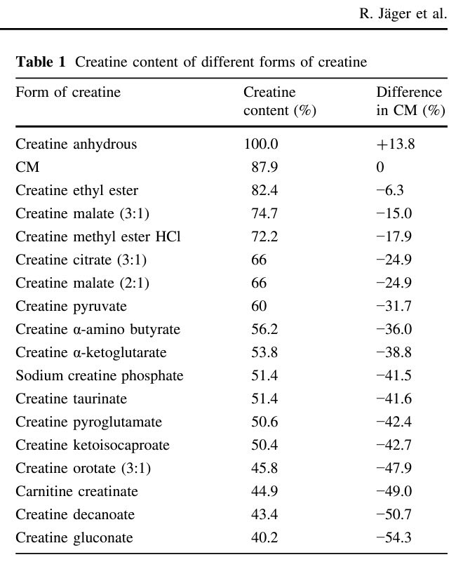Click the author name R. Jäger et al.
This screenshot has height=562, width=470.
pos(403,14)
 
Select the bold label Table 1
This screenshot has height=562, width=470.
pos(41,62)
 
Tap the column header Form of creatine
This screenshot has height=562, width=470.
pos(68,93)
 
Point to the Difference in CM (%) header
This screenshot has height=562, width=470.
pos(410,102)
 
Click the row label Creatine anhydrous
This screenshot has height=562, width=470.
pos(76,145)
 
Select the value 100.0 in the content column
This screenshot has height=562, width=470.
pos(261,145)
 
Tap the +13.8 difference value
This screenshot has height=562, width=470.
pos(396,145)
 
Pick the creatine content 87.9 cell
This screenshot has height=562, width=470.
pos(264,168)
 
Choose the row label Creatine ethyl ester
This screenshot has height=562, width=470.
pos(76,191)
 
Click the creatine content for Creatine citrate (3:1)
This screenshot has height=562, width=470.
pos(259,260)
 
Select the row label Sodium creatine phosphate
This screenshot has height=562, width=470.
pos(99,376)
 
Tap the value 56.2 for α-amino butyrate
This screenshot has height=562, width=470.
pos(264,330)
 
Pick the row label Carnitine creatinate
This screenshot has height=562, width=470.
pos(76,492)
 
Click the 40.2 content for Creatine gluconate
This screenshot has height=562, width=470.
pos(264,538)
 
